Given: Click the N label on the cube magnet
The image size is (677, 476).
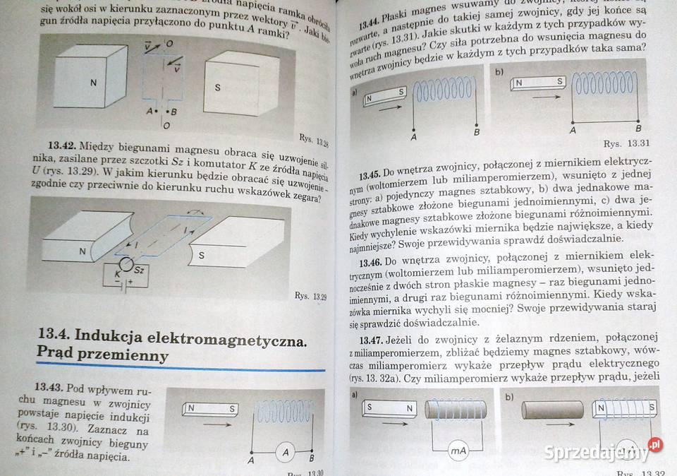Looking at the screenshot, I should (93, 83).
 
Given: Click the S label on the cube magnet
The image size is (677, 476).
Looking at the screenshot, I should (217, 88).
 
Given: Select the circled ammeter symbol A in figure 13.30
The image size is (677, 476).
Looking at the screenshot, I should (284, 452).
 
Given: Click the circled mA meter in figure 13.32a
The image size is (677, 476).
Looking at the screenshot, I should (459, 450).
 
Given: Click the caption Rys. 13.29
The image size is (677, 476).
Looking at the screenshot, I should (310, 296).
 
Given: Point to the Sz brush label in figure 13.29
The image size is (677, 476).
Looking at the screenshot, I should (139, 270).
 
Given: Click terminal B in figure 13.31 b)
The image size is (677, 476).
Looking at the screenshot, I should (638, 129).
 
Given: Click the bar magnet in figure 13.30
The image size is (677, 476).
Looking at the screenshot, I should (211, 408).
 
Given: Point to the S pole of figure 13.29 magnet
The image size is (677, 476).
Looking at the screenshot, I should (201, 255).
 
